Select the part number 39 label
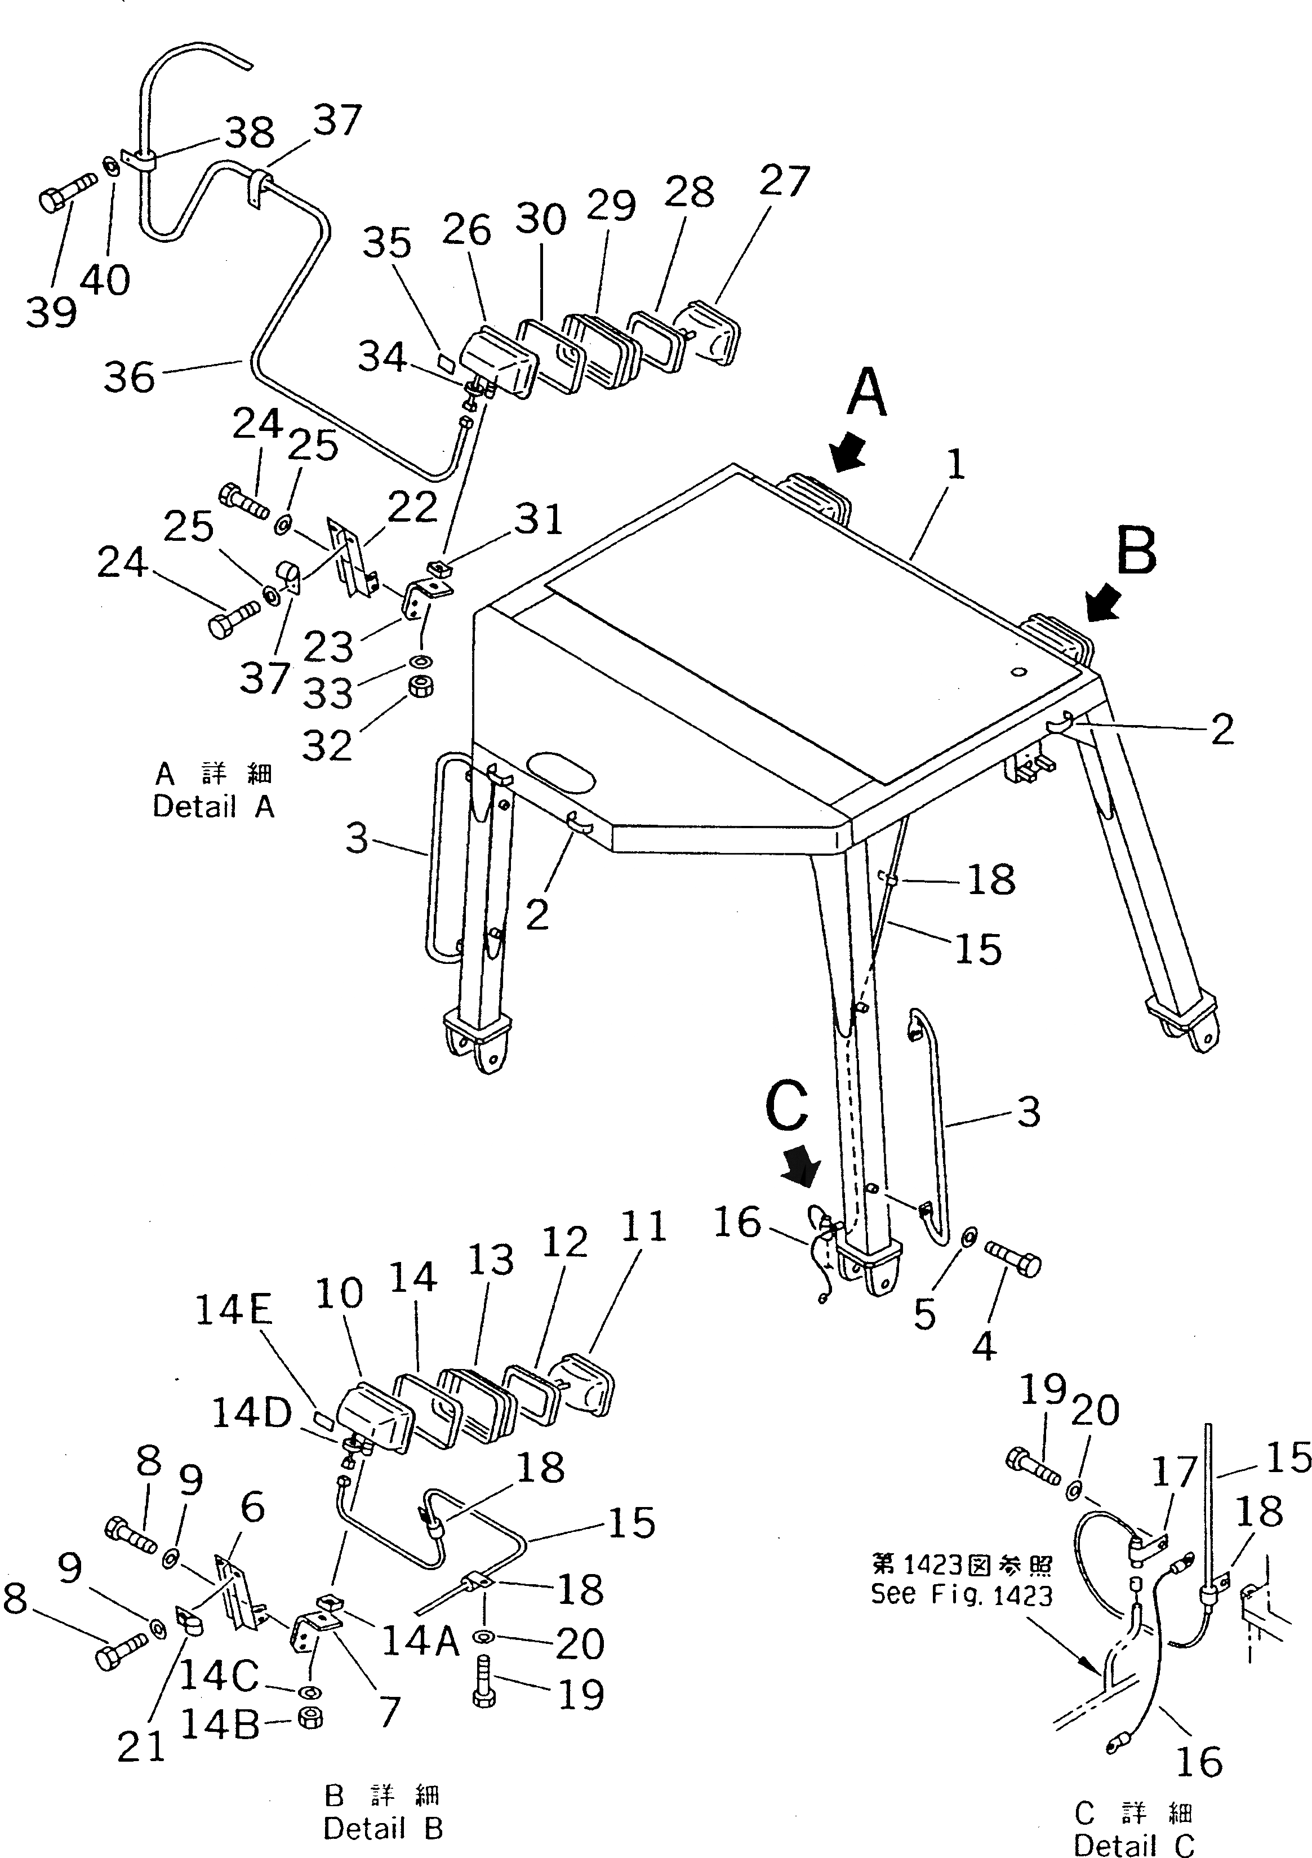[x=51, y=312]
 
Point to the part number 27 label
[x=784, y=181]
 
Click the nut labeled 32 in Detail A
[x=421, y=686]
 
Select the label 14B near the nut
[x=219, y=1724]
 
